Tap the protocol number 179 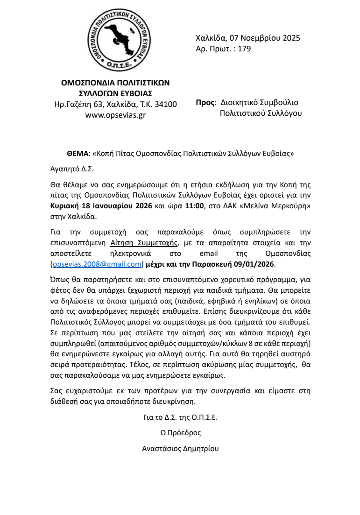[x=245, y=48]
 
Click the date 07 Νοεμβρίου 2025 [x=263, y=38]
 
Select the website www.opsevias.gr [x=115, y=114]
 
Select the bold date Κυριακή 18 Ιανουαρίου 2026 [x=101, y=206]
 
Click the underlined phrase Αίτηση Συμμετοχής [x=145, y=242]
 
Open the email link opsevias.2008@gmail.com [x=97, y=264]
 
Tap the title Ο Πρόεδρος [x=180, y=433]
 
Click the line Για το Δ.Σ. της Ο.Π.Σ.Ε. [x=180, y=417]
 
